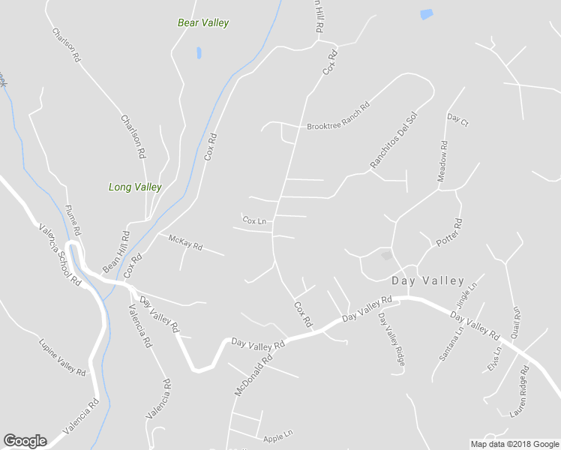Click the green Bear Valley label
pyautogui.click(x=203, y=22)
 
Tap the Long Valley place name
pyautogui.click(x=135, y=187)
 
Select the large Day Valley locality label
pyautogui.click(x=428, y=280)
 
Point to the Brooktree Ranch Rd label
pyautogui.click(x=339, y=118)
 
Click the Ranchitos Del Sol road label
pyautogui.click(x=393, y=140)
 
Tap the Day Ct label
pyautogui.click(x=457, y=119)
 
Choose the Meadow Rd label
pyautogui.click(x=442, y=160)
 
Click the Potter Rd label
pyautogui.click(x=450, y=233)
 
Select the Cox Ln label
pyautogui.click(x=255, y=220)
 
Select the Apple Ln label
pyautogui.click(x=277, y=436)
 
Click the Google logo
pyautogui.click(x=25, y=441)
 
